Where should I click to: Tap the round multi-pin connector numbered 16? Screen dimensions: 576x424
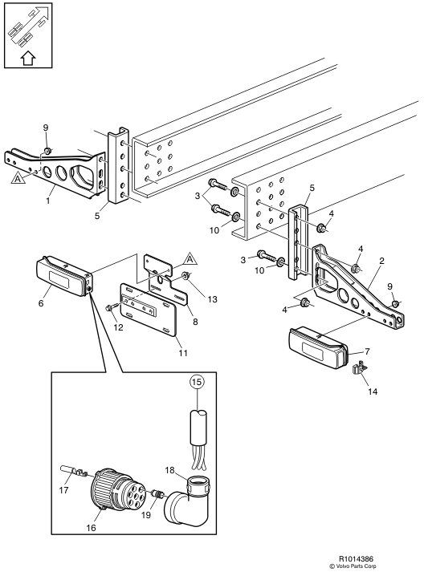(108, 488)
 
